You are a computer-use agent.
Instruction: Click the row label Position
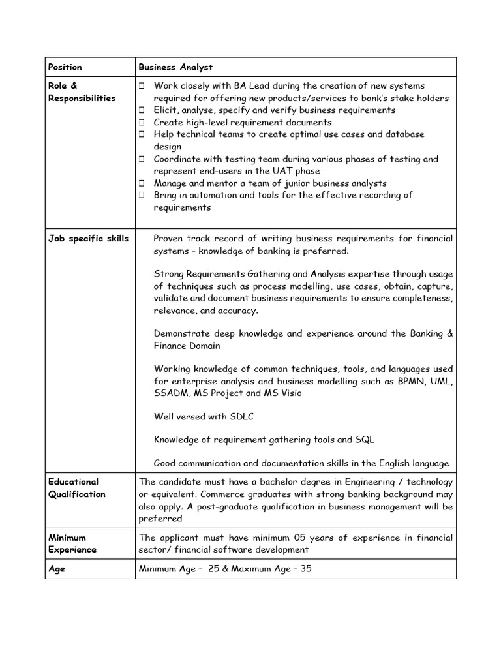(x=65, y=67)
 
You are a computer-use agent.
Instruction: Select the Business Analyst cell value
(x=175, y=67)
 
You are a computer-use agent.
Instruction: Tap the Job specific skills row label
(x=88, y=239)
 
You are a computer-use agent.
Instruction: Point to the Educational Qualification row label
(x=76, y=488)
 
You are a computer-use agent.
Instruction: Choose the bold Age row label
(x=56, y=569)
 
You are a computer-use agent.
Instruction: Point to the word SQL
(x=365, y=440)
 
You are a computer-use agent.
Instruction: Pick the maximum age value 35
(x=305, y=569)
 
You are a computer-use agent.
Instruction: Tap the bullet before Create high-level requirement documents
(x=141, y=123)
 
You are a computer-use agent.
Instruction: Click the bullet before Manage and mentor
(x=141, y=183)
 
